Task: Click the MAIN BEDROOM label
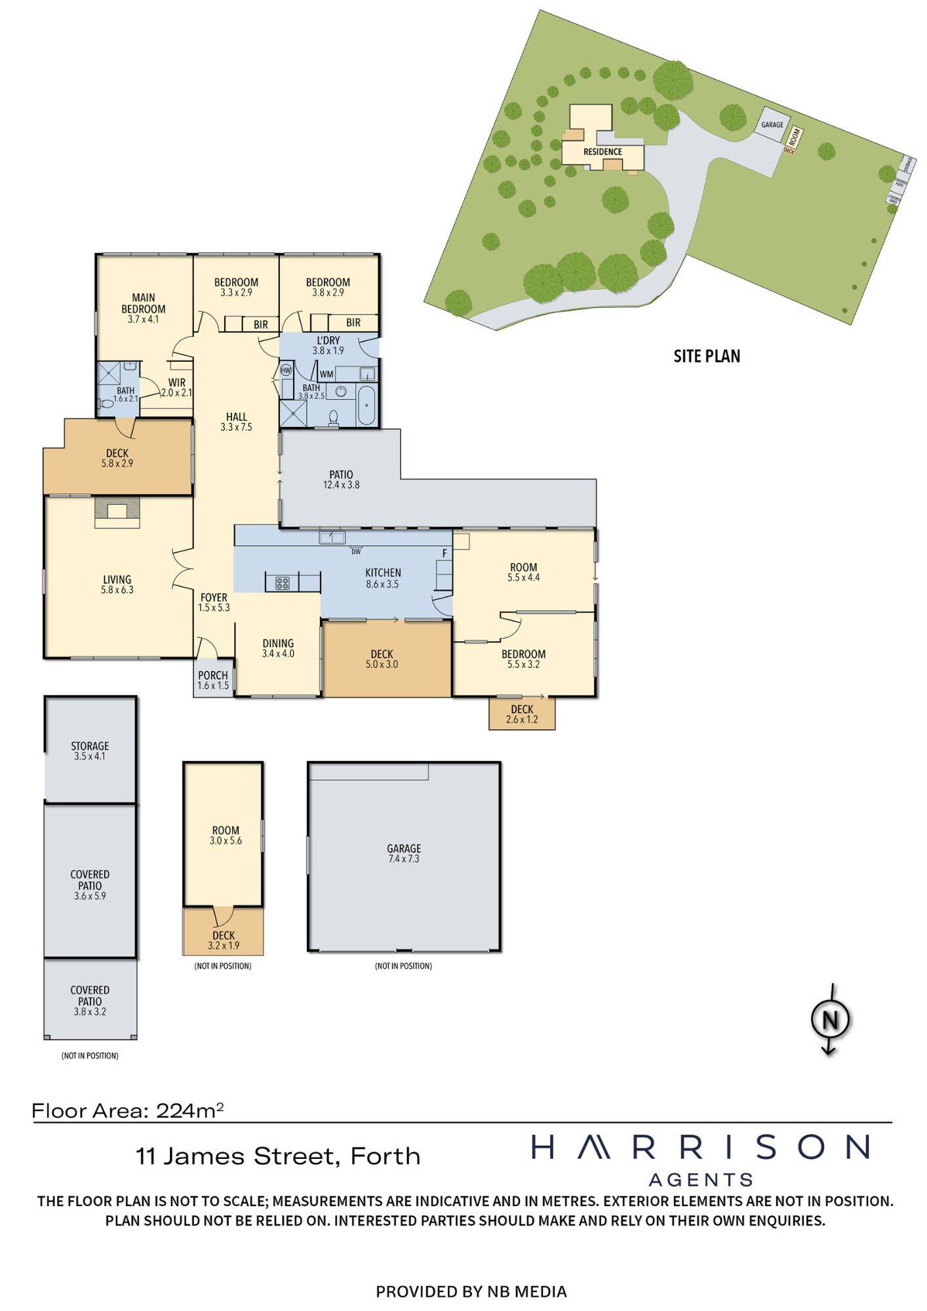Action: click(x=144, y=309)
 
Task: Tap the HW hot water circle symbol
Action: click(x=286, y=370)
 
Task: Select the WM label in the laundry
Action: click(x=326, y=374)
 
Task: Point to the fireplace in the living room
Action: click(x=117, y=511)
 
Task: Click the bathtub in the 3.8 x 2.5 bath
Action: click(x=366, y=406)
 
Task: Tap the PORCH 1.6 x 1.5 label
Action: click(x=213, y=680)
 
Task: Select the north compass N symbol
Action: click(x=831, y=1019)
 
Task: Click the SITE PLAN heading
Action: click(x=707, y=357)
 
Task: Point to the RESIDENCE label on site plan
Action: click(x=602, y=152)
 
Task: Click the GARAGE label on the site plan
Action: click(x=772, y=125)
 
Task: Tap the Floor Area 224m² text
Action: click(x=128, y=1110)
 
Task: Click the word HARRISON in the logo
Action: click(x=700, y=1147)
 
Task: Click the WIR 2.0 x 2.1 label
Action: click(x=176, y=387)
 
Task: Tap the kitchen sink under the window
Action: click(x=332, y=538)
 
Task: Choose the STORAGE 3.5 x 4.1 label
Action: click(x=90, y=751)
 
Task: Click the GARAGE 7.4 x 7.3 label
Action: click(x=404, y=853)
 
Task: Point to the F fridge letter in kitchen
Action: click(x=444, y=553)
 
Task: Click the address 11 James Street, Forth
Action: click(x=278, y=1156)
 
